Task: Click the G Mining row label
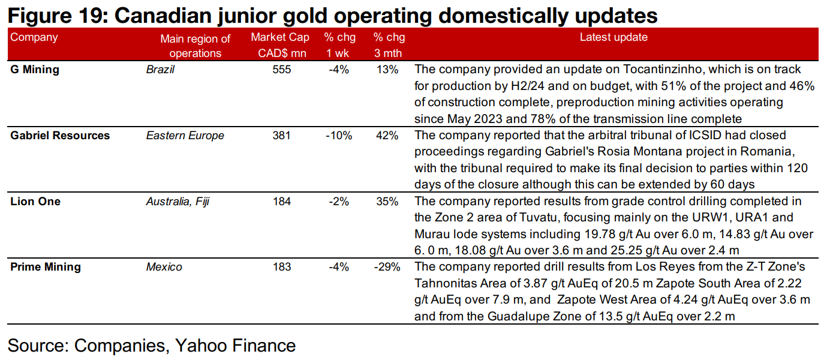pos(35,70)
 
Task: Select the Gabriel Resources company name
pos(60,136)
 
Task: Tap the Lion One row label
pos(35,202)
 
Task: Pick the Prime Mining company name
pos(46,267)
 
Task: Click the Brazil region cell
pos(160,70)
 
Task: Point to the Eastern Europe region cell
pos(185,136)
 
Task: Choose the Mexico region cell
pos(164,267)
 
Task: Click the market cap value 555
pos(281,70)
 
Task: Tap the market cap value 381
pos(281,136)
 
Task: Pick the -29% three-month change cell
pos(387,267)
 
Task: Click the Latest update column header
pos(614,37)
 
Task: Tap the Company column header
pos(34,37)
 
